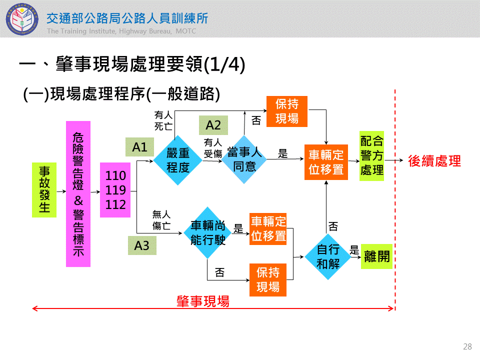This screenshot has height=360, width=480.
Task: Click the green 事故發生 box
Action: [44, 189]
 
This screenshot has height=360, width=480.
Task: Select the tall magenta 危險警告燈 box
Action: [78, 193]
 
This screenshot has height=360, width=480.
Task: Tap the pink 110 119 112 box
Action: [115, 190]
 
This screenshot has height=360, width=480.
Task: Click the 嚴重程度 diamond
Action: [177, 160]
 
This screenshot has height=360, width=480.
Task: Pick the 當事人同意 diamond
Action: [244, 159]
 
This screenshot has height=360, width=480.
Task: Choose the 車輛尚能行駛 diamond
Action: [207, 233]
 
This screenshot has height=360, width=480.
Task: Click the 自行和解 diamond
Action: [328, 256]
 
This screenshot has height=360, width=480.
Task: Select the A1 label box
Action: [139, 147]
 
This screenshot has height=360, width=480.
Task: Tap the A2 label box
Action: [213, 125]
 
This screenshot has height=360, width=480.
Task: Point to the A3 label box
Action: [142, 245]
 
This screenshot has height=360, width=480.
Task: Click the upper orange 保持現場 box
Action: [286, 111]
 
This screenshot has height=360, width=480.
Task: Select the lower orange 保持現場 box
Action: [268, 279]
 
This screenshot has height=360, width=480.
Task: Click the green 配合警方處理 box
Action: [371, 155]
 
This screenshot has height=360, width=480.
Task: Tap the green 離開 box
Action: [376, 256]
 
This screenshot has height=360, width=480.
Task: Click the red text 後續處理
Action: [434, 161]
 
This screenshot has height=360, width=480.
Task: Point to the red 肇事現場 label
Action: [203, 301]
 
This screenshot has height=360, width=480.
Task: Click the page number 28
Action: [467, 346]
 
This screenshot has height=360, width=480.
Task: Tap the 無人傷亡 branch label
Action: [161, 220]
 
